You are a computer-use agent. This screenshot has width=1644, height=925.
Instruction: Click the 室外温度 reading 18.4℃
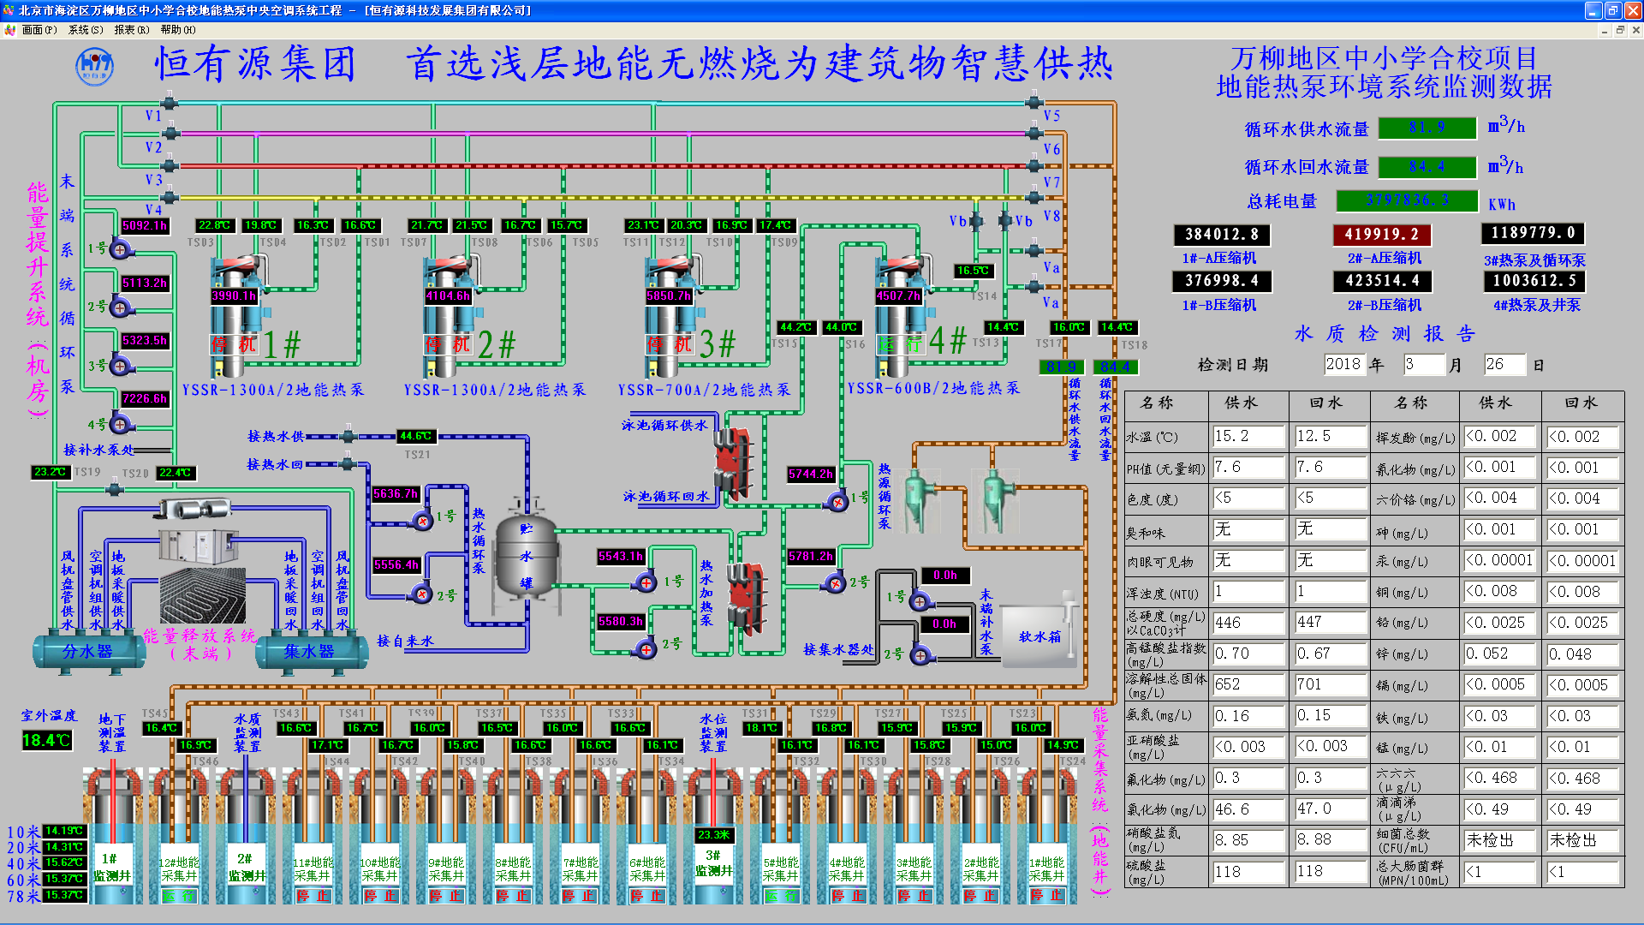(x=46, y=740)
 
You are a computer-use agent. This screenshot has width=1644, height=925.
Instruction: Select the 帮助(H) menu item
(x=178, y=30)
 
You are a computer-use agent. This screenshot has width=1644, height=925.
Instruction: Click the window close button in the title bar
(x=1633, y=10)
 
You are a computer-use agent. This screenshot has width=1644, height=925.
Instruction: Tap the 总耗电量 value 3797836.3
(x=1407, y=200)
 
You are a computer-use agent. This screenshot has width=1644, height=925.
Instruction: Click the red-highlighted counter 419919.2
(x=1381, y=234)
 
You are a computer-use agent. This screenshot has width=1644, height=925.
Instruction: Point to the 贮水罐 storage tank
(x=527, y=557)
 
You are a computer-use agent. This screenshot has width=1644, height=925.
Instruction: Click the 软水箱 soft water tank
(x=1039, y=636)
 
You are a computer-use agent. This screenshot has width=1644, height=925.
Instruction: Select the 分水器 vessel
(x=88, y=652)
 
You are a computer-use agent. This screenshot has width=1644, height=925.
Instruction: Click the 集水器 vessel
(x=308, y=652)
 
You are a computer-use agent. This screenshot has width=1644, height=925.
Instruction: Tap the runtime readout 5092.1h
(x=145, y=225)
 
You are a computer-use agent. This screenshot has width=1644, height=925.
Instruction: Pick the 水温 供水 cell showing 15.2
(x=1248, y=436)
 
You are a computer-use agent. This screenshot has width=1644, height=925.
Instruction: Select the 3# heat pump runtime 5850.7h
(x=669, y=295)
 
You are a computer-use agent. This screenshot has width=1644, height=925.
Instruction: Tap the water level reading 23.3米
(x=713, y=834)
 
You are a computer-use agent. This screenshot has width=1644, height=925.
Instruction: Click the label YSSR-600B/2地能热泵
(x=933, y=388)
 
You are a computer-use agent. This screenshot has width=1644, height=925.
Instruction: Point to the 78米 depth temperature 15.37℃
(x=64, y=896)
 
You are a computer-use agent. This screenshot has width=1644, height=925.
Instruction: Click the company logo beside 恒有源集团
(x=94, y=66)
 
